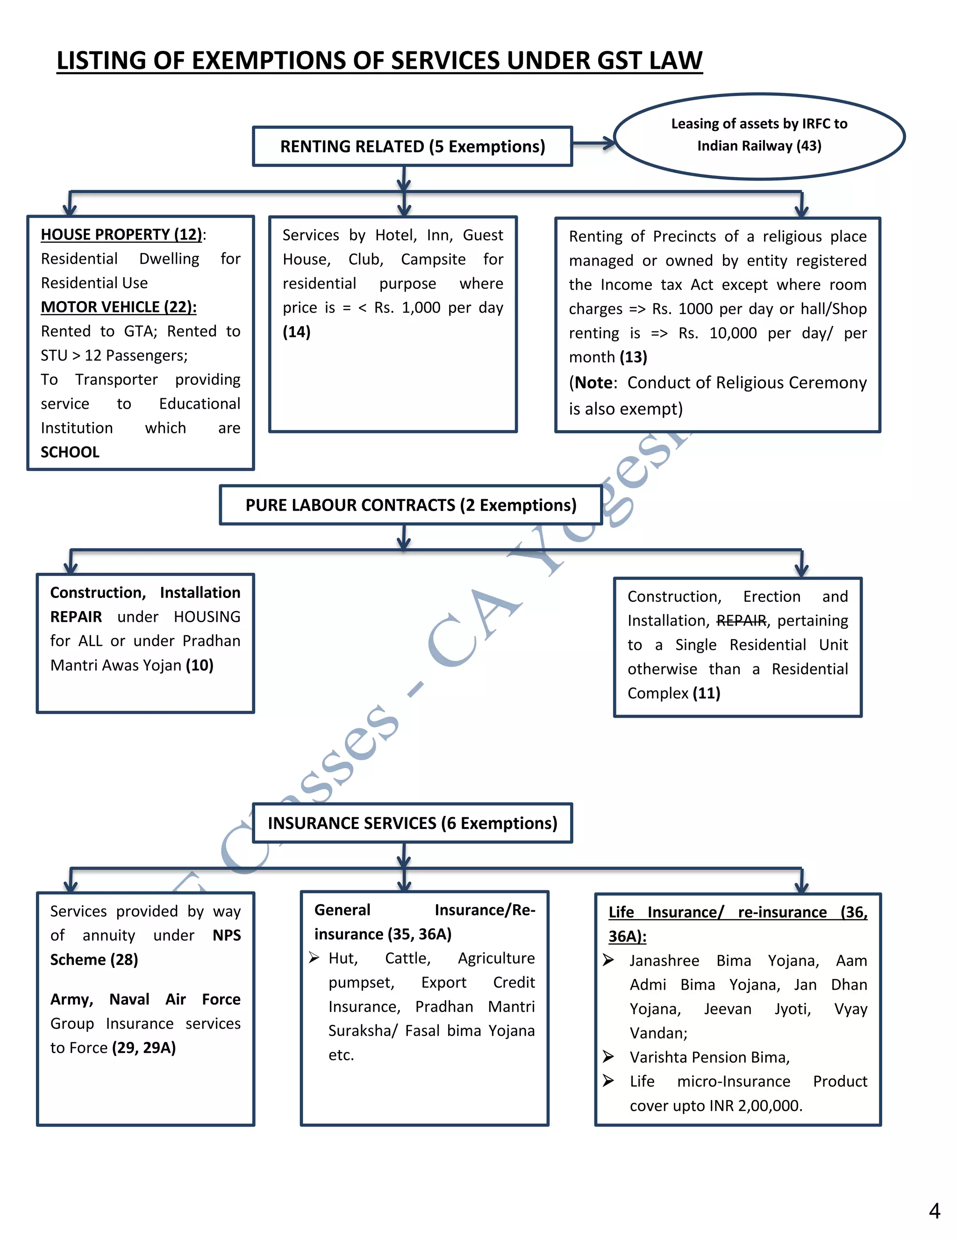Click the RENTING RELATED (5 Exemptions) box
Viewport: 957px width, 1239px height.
412,146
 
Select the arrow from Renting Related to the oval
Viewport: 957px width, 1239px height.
593,143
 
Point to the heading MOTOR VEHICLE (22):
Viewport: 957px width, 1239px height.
119,307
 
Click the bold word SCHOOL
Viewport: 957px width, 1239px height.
70,452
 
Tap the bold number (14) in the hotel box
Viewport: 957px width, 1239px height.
297,332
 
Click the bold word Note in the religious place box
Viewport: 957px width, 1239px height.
593,383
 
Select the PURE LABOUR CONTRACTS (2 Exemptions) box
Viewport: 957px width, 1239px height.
410,505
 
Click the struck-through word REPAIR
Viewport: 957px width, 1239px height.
741,620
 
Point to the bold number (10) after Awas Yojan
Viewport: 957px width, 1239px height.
200,665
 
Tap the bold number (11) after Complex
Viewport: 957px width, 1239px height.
706,693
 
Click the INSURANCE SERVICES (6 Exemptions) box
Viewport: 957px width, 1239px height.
412,823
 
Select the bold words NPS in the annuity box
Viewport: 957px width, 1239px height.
227,936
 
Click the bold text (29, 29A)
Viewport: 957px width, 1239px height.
144,1048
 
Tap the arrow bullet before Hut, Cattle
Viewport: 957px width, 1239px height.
314,958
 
